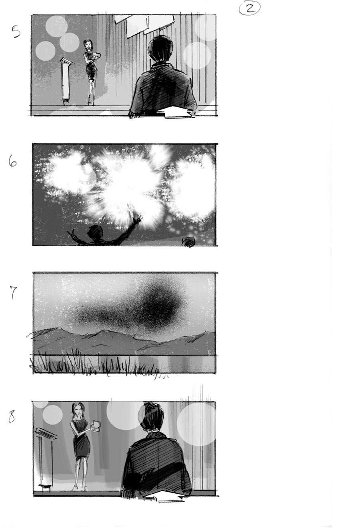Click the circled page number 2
click(x=249, y=8)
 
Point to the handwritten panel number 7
click(x=13, y=293)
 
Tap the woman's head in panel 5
click(x=87, y=44)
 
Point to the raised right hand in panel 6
click(x=138, y=218)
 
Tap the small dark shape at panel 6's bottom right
click(x=189, y=241)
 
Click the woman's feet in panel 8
click(x=79, y=487)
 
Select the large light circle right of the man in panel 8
click(x=196, y=424)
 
